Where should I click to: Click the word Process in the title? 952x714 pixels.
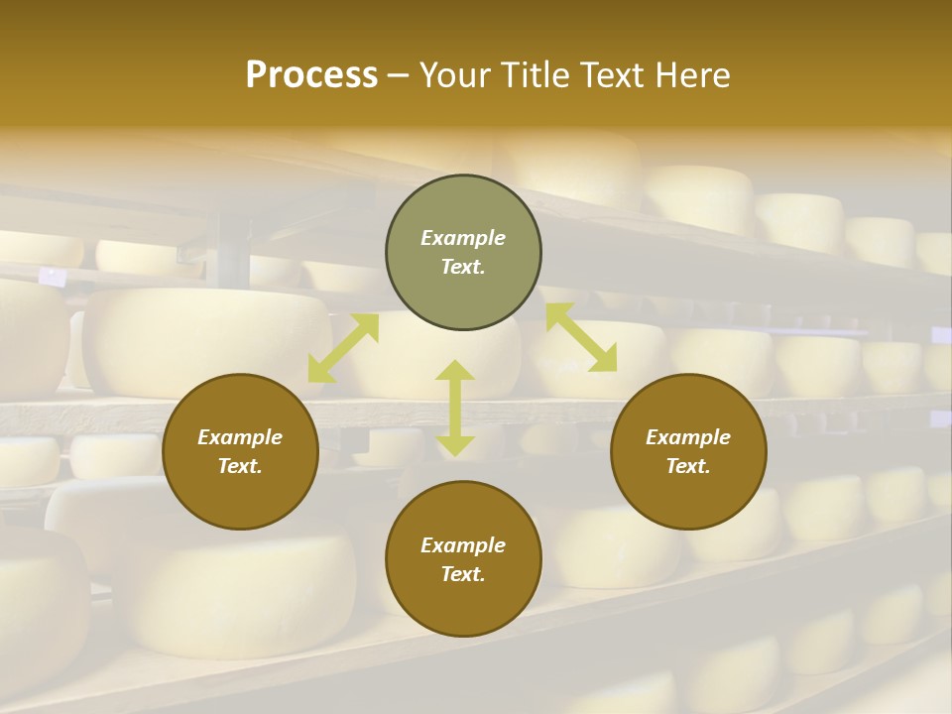pos(311,75)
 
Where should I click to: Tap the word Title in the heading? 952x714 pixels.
pos(534,75)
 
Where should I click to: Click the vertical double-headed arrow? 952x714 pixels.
pos(455,408)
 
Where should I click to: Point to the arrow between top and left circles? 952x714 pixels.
pos(343,348)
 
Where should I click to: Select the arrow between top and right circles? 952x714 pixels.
pos(581,338)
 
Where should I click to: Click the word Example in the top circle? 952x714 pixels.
pos(463,238)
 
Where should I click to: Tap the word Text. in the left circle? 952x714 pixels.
pos(240,466)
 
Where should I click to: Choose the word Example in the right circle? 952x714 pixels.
pos(688,437)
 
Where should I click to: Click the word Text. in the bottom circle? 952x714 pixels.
pos(463,574)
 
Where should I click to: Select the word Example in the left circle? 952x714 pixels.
pos(240,437)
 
